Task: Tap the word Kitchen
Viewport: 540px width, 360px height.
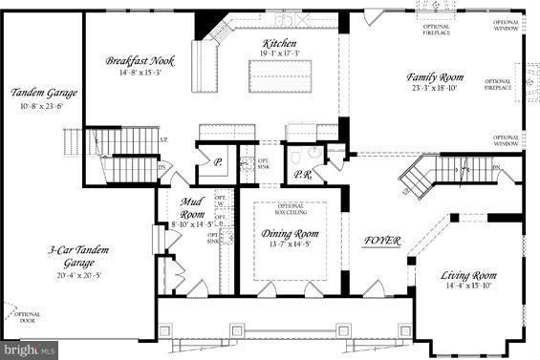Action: (280, 44)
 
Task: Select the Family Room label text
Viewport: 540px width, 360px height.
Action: (436, 76)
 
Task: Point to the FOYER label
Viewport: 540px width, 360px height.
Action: (381, 240)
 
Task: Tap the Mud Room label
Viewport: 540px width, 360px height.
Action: (193, 206)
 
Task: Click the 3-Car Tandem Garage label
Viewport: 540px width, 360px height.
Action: (80, 256)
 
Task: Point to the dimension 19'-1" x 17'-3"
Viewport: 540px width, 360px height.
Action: (280, 54)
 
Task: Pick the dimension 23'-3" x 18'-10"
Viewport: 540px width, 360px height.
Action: (436, 88)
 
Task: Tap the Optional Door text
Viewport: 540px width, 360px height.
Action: (26, 318)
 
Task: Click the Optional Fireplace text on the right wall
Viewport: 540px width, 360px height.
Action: (498, 84)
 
